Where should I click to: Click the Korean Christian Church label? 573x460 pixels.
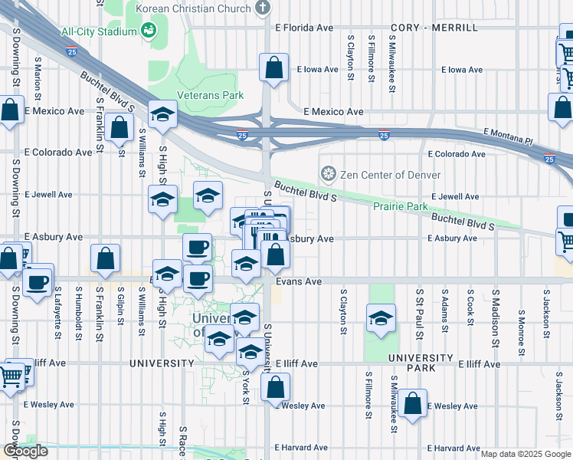(x=193, y=8)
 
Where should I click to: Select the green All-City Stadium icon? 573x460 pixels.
(x=148, y=31)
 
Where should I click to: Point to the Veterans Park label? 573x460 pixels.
(x=210, y=95)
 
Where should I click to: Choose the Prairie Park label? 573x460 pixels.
(x=400, y=206)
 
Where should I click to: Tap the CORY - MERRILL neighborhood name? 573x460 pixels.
(x=434, y=28)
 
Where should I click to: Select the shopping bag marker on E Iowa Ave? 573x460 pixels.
(x=273, y=69)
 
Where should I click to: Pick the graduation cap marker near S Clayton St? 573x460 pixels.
(x=381, y=320)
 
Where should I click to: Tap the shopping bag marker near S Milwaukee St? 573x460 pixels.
(x=412, y=403)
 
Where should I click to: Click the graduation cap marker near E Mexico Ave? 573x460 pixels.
(x=162, y=116)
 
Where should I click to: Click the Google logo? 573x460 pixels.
(x=25, y=451)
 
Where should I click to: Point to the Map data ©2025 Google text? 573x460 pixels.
(x=526, y=454)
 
